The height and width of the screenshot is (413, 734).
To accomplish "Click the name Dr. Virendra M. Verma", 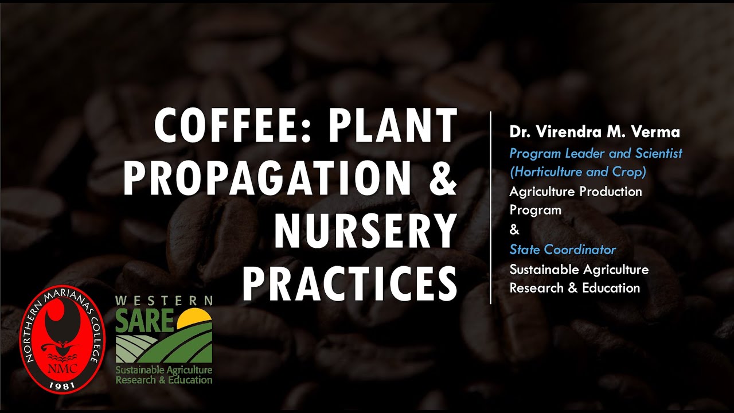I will point(595,132).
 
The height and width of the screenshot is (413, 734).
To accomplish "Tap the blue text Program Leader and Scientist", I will point(596,153).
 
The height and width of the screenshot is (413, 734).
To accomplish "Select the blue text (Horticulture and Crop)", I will point(578,172).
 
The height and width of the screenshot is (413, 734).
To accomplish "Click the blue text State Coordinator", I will point(563,250).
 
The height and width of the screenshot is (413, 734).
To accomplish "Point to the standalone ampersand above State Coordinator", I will point(514,230).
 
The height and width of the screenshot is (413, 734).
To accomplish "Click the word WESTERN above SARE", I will point(164,301).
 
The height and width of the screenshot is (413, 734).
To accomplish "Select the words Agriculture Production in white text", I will point(576,191).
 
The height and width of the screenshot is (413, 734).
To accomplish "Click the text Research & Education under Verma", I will point(575,288).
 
